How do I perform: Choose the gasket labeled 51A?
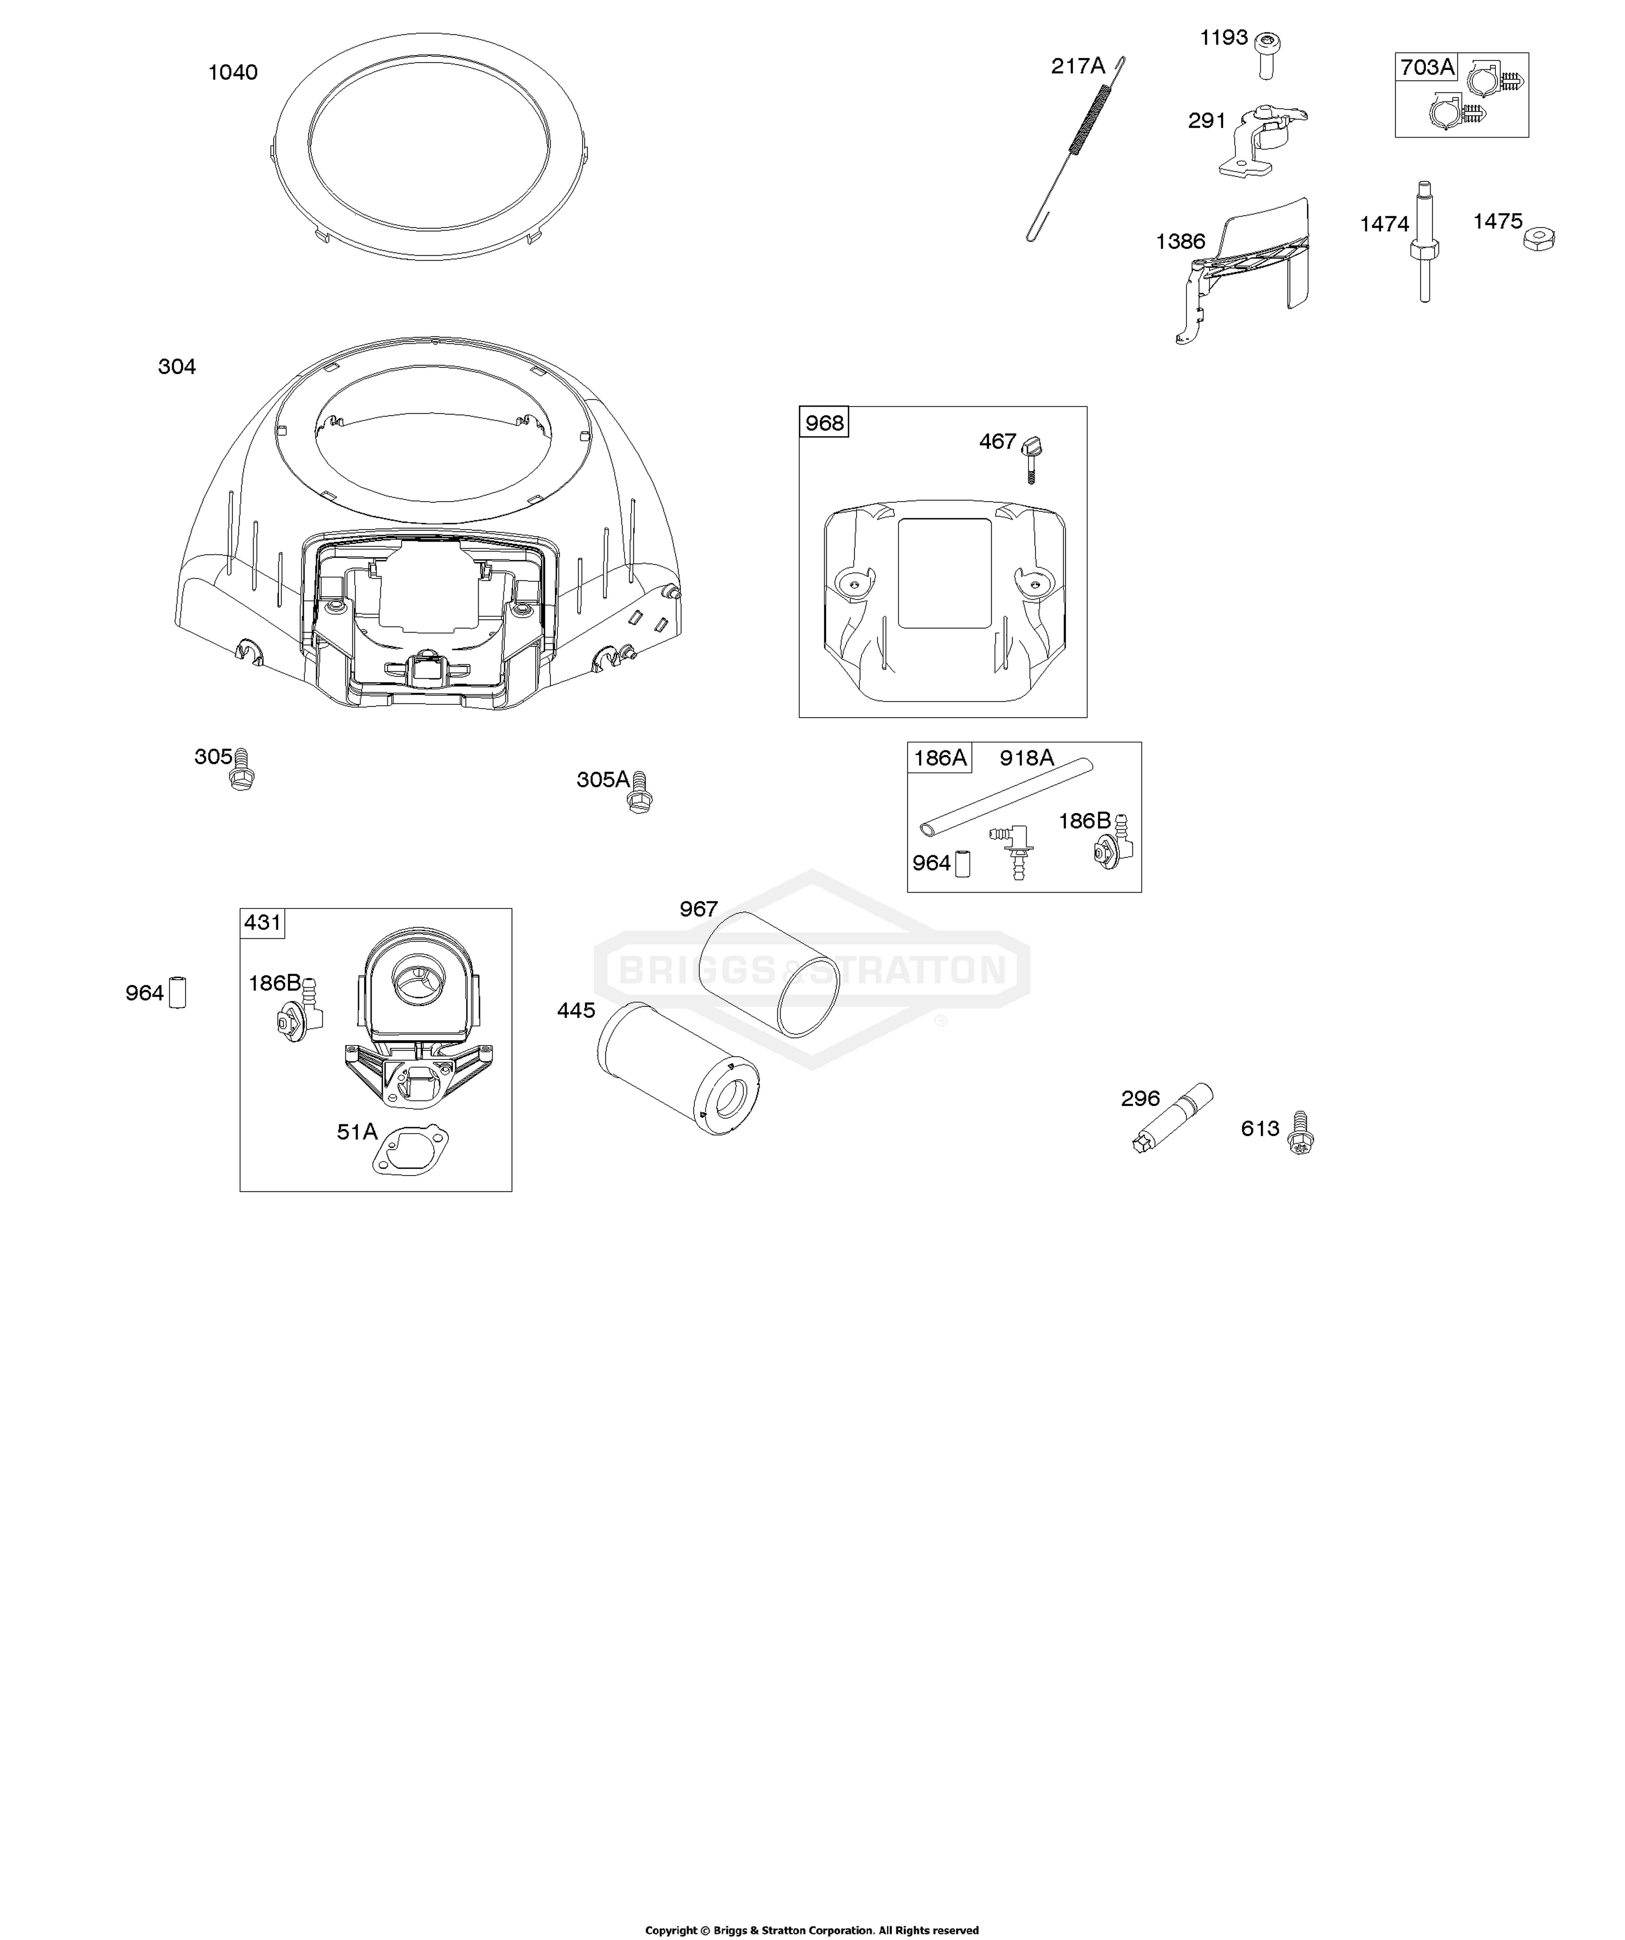pos(410,1150)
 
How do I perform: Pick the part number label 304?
pos(177,367)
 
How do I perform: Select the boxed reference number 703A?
pos(1426,67)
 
